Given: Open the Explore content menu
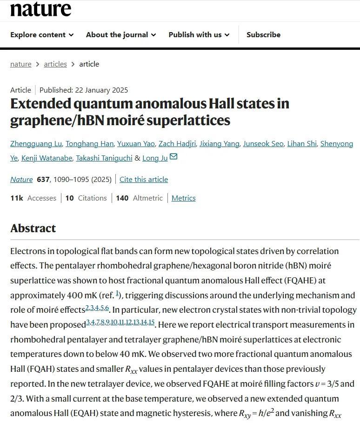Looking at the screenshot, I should [42, 35].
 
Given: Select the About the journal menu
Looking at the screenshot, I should [121, 35].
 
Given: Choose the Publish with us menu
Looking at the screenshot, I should [199, 35].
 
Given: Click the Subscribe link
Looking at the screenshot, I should [263, 35].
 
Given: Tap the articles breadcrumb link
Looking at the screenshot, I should [55, 64].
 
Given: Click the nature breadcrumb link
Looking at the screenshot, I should [21, 64].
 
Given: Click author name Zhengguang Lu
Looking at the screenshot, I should [36, 144].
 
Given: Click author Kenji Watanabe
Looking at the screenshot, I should [47, 158].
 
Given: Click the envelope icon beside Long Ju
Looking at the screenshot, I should [173, 157].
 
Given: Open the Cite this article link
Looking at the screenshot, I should [144, 180].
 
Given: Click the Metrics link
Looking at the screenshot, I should [183, 198].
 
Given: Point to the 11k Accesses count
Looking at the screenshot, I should [33, 198].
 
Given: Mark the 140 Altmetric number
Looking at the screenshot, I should [122, 198].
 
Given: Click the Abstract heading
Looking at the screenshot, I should [33, 228].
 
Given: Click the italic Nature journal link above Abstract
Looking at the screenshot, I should [21, 180].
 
